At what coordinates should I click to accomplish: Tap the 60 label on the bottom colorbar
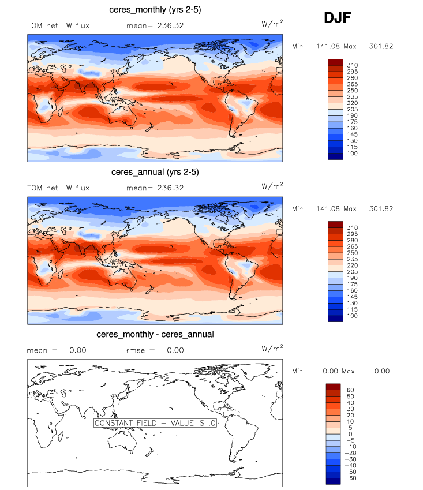click(350, 390)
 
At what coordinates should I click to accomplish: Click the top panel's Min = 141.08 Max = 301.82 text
click(343, 46)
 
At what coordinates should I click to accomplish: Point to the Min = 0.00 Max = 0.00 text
click(340, 371)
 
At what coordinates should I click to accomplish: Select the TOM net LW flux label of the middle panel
click(58, 188)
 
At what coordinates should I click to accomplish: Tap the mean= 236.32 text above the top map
click(155, 25)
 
